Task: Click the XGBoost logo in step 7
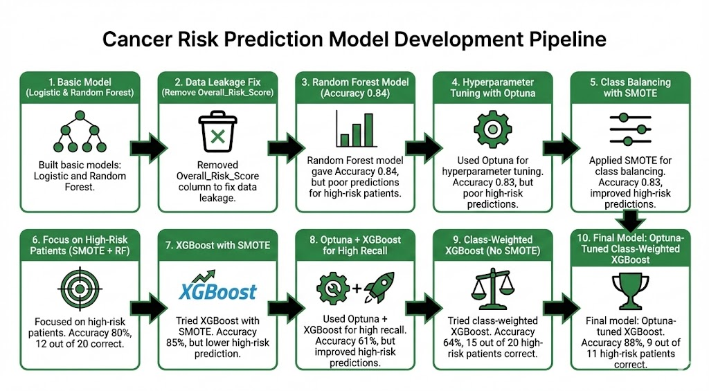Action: pos(217,291)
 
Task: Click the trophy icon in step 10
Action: pos(629,291)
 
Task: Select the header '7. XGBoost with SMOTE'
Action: pos(217,246)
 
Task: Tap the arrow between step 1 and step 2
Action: pos(149,147)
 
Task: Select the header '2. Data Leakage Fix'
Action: pos(217,81)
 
